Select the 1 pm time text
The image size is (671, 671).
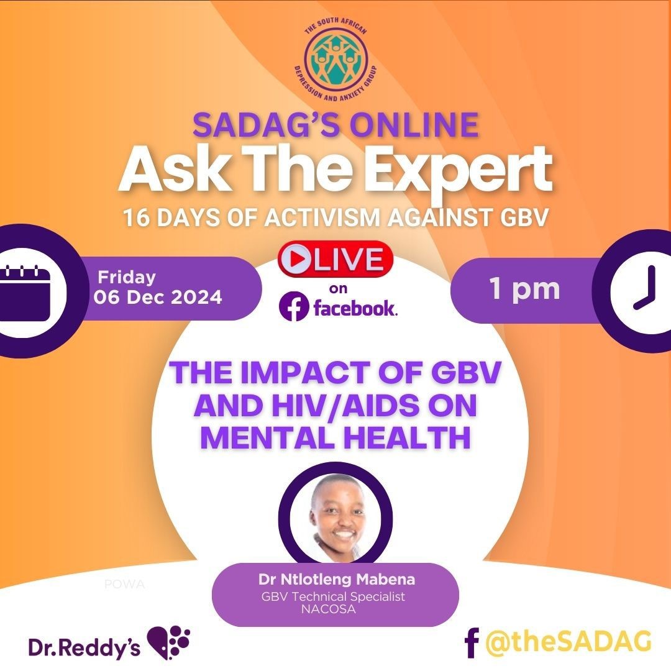pos(524,289)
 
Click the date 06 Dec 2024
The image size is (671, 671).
pos(158,297)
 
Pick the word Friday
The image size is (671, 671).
pos(127,276)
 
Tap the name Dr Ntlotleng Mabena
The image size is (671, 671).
pos(335,581)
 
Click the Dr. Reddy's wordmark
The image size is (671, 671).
pos(84,646)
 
